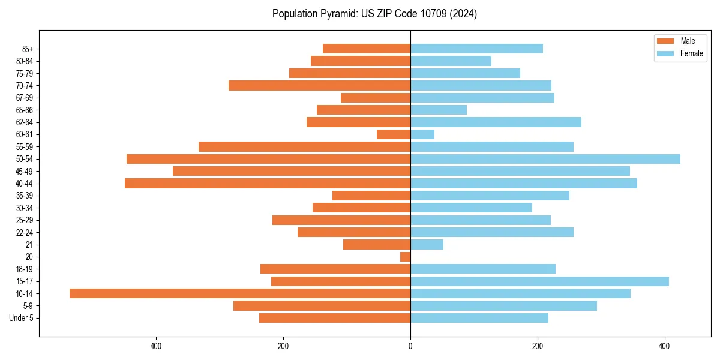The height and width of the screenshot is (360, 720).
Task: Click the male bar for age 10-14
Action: [x=240, y=293]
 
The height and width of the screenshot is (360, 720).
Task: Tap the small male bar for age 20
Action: [x=406, y=257]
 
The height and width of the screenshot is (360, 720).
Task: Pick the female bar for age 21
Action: [x=427, y=245]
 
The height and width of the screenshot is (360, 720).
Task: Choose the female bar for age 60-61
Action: [x=422, y=134]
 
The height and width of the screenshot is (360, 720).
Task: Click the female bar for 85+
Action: [x=476, y=49]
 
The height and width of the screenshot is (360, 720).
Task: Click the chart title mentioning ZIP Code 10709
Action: [x=374, y=14]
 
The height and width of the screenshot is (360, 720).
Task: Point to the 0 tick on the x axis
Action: [x=410, y=346]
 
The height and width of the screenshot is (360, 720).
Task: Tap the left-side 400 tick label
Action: [x=156, y=346]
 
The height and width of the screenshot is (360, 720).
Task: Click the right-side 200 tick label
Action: [x=538, y=346]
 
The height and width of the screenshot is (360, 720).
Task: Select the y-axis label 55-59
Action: [x=25, y=147]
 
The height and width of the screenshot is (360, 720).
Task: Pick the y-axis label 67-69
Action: [x=25, y=98]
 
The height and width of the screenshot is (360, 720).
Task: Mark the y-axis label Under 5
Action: [x=21, y=318]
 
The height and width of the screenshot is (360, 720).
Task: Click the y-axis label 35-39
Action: [x=25, y=196]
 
